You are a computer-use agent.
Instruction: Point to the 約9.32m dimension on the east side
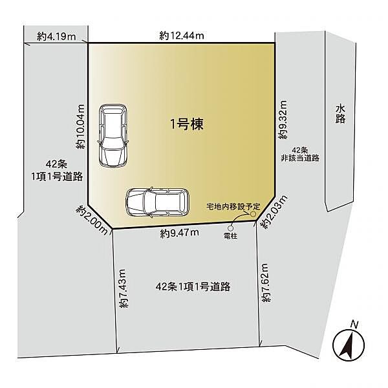tap(283, 120)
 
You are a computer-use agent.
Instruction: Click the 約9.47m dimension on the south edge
tap(179, 233)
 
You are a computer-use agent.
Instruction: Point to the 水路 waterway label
tap(340, 114)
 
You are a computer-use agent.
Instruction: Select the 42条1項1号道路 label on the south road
tap(194, 286)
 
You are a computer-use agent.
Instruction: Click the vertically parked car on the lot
tap(113, 136)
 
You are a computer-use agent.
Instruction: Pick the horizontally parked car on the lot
tap(157, 202)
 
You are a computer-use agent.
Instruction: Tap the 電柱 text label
tap(230, 235)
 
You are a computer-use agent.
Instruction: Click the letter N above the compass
tap(353, 323)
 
